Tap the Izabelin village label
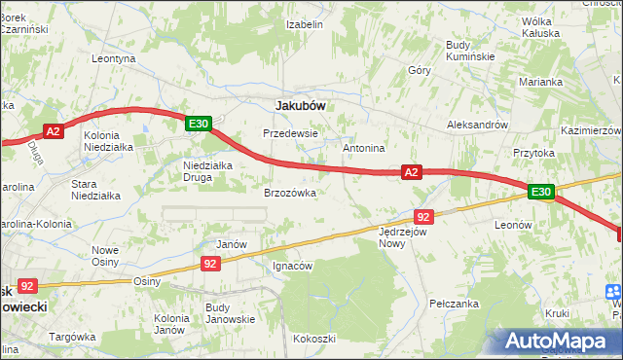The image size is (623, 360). (304, 24)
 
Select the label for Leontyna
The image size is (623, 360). (113, 58)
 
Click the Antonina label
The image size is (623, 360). (365, 148)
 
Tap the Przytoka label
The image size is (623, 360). (533, 153)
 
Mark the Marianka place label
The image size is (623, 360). (542, 82)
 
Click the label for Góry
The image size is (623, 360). (420, 71)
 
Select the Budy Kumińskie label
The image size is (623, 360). (471, 50)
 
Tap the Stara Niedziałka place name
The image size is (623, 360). (95, 189)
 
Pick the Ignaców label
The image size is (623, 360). (292, 266)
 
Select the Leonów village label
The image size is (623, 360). (513, 224)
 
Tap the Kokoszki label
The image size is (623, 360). (313, 339)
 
